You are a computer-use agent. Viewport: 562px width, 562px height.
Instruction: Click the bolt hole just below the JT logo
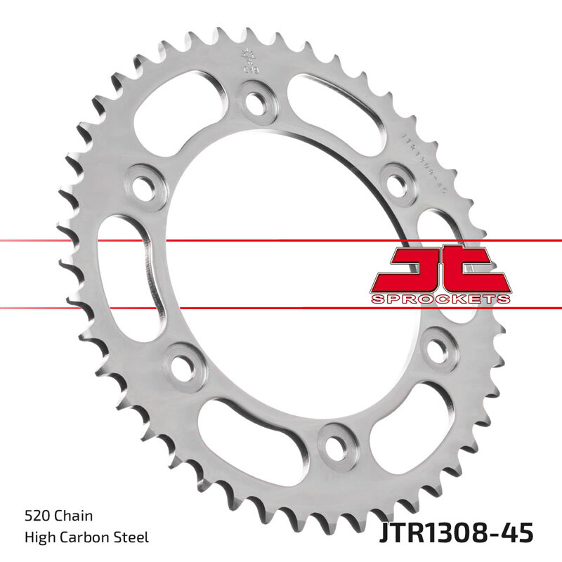[x=438, y=346]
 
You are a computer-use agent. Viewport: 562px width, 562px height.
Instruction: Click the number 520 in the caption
[x=35, y=516]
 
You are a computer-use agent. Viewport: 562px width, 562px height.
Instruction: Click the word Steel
[x=131, y=537]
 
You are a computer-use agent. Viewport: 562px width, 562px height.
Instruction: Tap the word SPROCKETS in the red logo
[x=440, y=299]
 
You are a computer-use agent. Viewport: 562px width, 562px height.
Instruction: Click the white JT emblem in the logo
[x=438, y=270]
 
